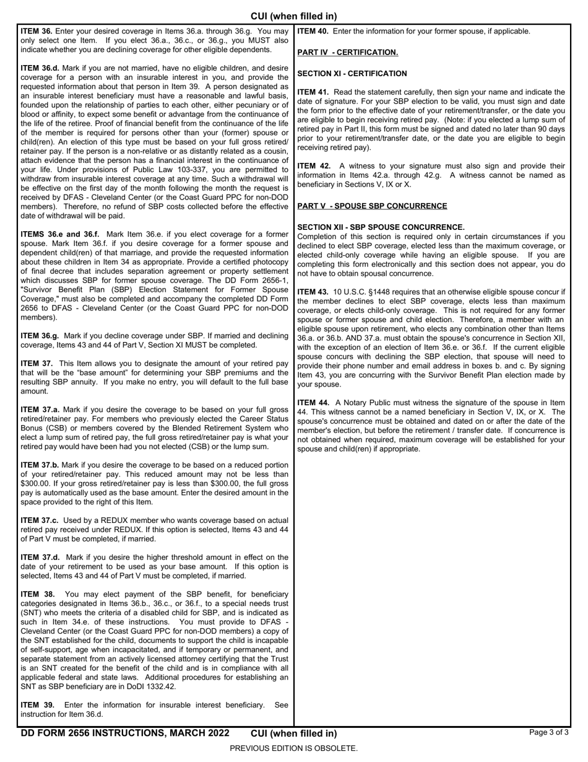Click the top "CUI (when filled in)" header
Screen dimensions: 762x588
pos(293,16)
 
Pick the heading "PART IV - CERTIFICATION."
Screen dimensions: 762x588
pos(347,53)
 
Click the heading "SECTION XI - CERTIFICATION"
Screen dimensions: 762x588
pos(352,74)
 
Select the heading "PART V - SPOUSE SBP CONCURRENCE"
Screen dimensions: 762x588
pos(372,206)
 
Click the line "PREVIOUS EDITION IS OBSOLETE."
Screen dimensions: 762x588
pos(293,748)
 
